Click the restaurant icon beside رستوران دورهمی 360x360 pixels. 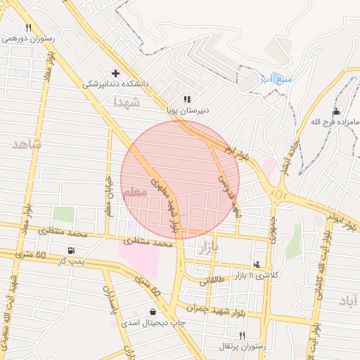(x=29, y=28)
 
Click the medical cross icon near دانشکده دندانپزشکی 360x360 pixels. (x=116, y=73)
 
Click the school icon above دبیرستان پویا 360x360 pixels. (x=187, y=100)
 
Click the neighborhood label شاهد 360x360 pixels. (x=27, y=144)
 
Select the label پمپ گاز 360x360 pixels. (x=72, y=262)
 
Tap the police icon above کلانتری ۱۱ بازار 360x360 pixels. (x=257, y=264)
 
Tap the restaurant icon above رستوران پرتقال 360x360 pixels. (x=243, y=335)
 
